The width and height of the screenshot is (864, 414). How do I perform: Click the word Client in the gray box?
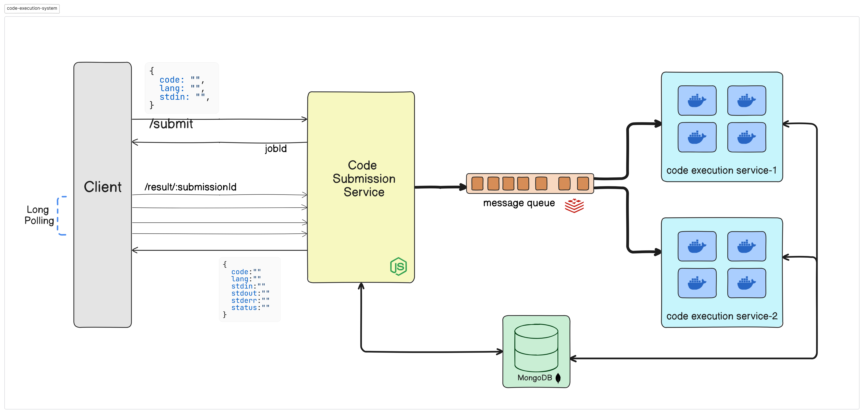(x=103, y=187)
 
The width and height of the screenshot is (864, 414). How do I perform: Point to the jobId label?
(x=276, y=149)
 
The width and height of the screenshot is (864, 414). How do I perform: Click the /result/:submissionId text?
(x=190, y=187)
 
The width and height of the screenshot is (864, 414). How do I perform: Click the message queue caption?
(x=519, y=203)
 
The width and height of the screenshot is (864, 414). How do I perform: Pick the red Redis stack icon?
(x=574, y=205)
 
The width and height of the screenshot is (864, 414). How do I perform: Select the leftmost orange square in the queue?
(x=477, y=183)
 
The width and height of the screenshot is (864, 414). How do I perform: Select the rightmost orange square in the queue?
(x=583, y=183)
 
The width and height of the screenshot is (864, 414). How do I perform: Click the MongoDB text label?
(x=535, y=378)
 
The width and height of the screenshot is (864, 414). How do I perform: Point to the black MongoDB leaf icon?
(x=558, y=378)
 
